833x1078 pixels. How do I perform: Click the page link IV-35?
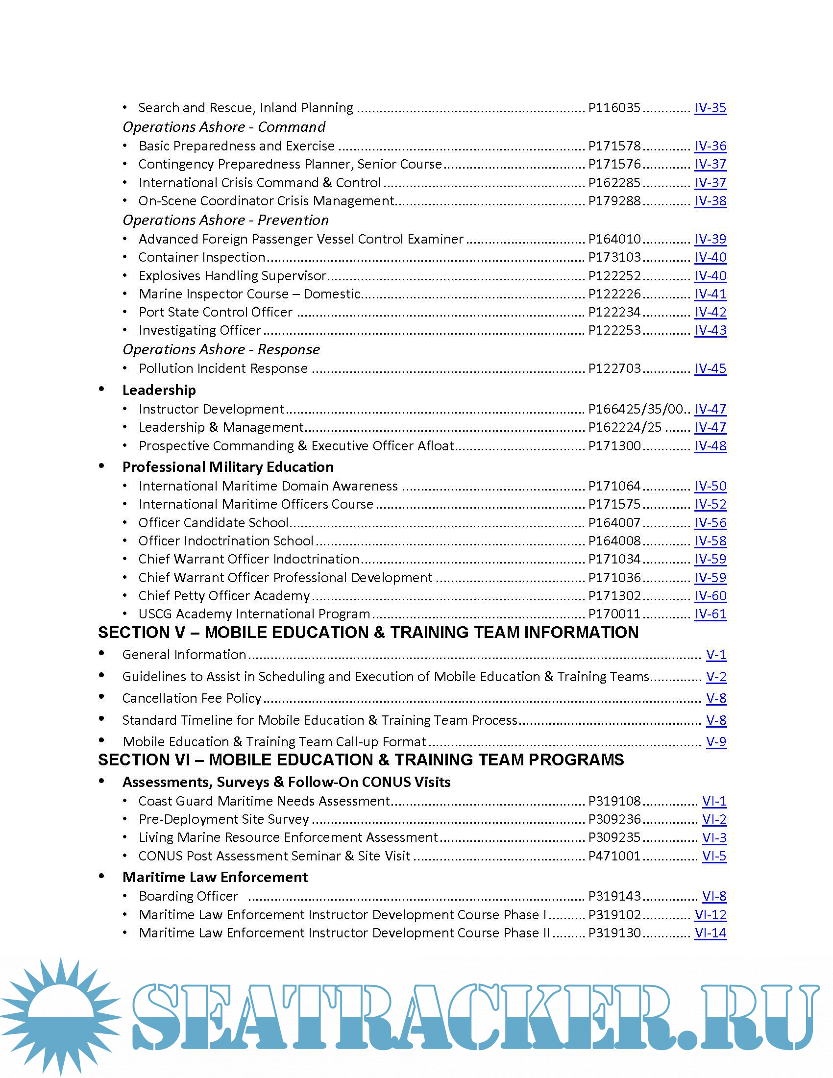pyautogui.click(x=710, y=108)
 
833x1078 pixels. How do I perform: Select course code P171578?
pyautogui.click(x=614, y=146)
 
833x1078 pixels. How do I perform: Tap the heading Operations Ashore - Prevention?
pyautogui.click(x=225, y=220)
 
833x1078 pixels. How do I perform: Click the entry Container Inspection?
pyautogui.click(x=202, y=257)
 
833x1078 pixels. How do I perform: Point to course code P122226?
pyautogui.click(x=614, y=294)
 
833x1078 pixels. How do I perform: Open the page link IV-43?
pyautogui.click(x=710, y=330)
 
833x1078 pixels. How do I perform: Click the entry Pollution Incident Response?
pyautogui.click(x=223, y=368)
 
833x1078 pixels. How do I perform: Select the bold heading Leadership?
pyautogui.click(x=159, y=391)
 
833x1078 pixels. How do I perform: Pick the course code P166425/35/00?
pyautogui.click(x=636, y=409)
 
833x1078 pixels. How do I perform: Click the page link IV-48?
pyautogui.click(x=710, y=446)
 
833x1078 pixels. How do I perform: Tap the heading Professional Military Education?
pyautogui.click(x=228, y=467)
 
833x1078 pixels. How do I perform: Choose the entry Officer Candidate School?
pyautogui.click(x=213, y=523)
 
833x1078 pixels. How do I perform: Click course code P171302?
pyautogui.click(x=614, y=596)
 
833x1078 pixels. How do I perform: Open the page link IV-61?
pyautogui.click(x=710, y=614)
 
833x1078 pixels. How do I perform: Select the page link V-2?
pyautogui.click(x=716, y=677)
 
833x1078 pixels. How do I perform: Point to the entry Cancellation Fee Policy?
pyautogui.click(x=192, y=698)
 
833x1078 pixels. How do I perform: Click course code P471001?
pyautogui.click(x=614, y=856)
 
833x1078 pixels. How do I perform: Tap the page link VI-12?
pyautogui.click(x=710, y=915)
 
